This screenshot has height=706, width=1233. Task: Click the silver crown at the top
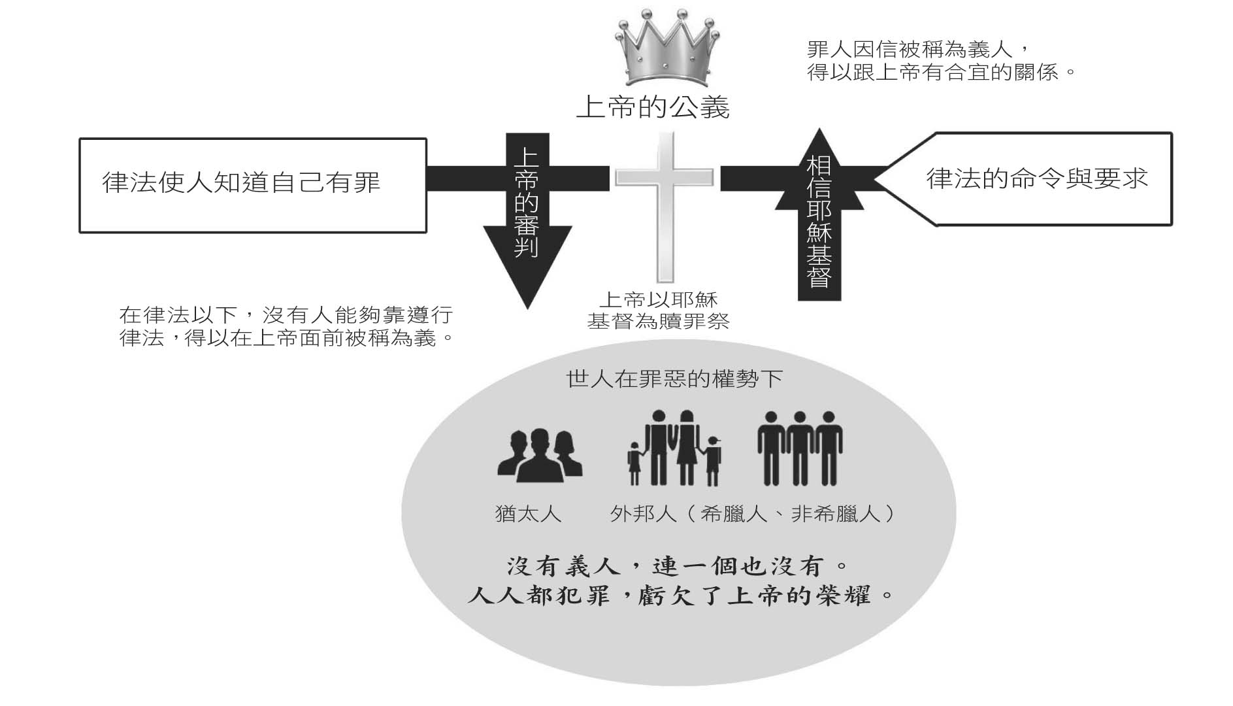click(666, 49)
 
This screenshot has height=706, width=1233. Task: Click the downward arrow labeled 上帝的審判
click(527, 216)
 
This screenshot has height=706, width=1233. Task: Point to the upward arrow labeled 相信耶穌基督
click(819, 216)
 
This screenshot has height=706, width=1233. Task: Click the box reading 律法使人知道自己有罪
click(252, 184)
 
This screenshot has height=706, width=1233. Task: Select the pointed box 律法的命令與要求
click(1036, 179)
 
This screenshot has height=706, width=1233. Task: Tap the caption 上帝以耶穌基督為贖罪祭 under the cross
click(658, 311)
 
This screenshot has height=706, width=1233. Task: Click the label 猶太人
click(528, 514)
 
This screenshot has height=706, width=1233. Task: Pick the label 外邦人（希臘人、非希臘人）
click(751, 514)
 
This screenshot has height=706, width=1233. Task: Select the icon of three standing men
click(800, 448)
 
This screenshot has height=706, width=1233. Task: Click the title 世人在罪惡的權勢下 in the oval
click(674, 378)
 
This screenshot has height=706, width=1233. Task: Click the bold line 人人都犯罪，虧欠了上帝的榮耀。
click(680, 596)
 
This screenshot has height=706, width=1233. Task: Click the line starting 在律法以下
click(286, 316)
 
